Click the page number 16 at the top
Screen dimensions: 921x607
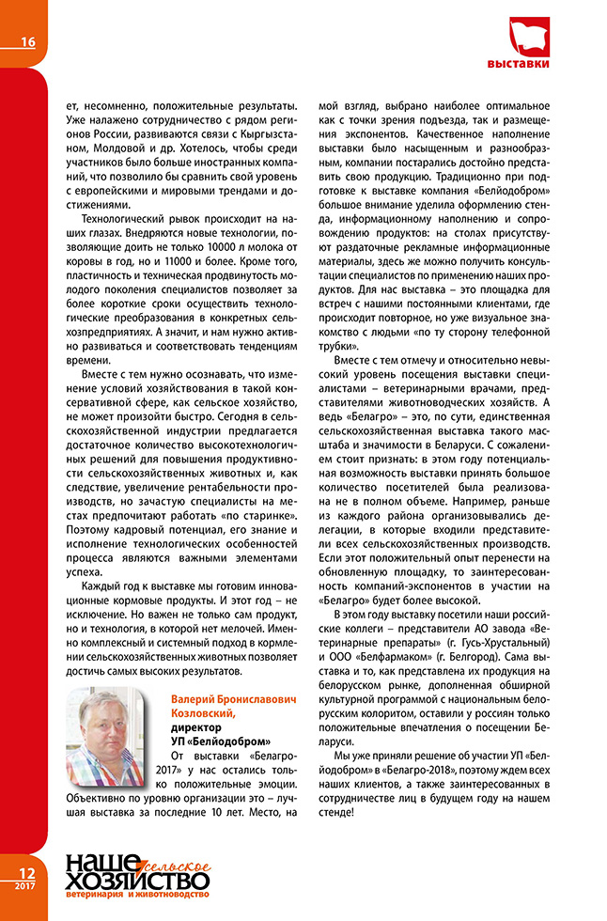(x=26, y=41)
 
